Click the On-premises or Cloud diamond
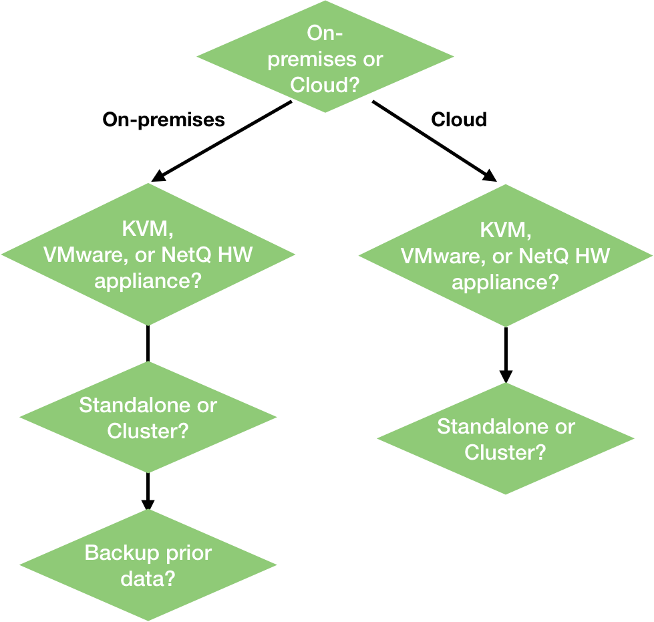tap(325, 57)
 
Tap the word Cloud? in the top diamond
tap(325, 85)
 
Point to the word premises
tap(311, 59)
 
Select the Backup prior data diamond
tap(148, 565)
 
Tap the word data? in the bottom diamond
tap(148, 578)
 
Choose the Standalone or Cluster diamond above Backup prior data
tap(148, 418)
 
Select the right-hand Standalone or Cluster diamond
tap(506, 439)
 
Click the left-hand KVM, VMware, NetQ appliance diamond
tap(148, 255)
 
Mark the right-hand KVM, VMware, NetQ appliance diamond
tap(505, 256)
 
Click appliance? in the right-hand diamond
tap(505, 282)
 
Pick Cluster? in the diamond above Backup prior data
tap(148, 431)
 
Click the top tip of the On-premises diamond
tap(325, 3)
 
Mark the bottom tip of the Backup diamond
tap(148, 619)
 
